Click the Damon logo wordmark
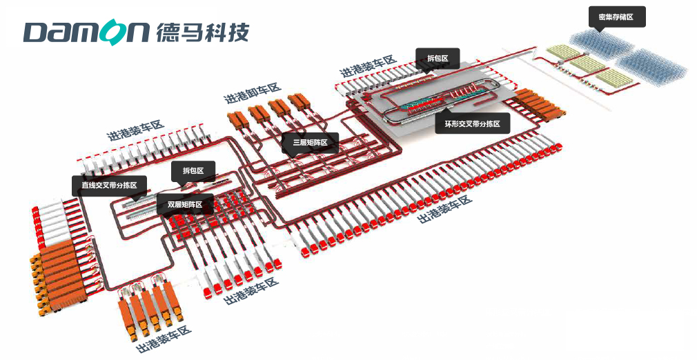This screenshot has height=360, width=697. (86, 32)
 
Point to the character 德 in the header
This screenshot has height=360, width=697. (168, 32)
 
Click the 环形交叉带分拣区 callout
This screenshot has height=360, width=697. (472, 123)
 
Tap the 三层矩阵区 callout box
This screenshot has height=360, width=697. (310, 143)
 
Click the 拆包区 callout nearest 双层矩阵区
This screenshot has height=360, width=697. (193, 170)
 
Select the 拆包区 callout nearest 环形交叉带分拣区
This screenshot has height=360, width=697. (438, 59)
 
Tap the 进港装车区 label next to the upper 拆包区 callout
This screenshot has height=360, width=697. (368, 66)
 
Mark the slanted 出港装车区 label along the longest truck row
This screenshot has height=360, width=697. (446, 209)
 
